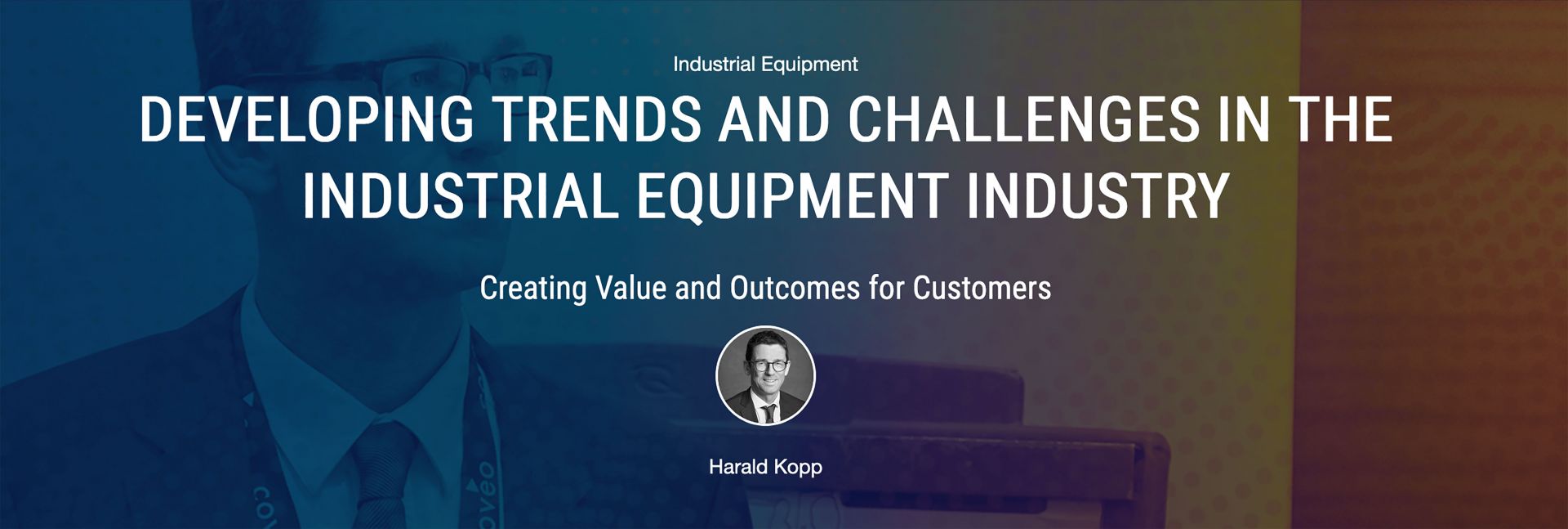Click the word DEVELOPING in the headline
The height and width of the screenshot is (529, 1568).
[x=306, y=120]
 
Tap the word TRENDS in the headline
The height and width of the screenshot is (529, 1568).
[x=598, y=120]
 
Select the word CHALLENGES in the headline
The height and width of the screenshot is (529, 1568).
[x=1024, y=120]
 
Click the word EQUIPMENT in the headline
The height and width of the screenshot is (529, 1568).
[x=792, y=196]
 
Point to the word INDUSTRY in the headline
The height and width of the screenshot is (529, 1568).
[x=1098, y=196]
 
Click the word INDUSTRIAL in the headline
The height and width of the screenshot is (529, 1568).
[x=460, y=196]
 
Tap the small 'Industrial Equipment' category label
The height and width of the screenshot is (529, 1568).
[x=765, y=65]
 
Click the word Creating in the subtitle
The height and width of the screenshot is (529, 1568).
[x=532, y=289]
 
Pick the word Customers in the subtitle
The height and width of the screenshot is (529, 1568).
[x=982, y=288]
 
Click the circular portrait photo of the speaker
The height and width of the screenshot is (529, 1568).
[x=765, y=376]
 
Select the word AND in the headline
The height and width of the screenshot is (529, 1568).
[x=774, y=120]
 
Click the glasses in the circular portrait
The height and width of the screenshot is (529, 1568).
[x=767, y=365]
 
